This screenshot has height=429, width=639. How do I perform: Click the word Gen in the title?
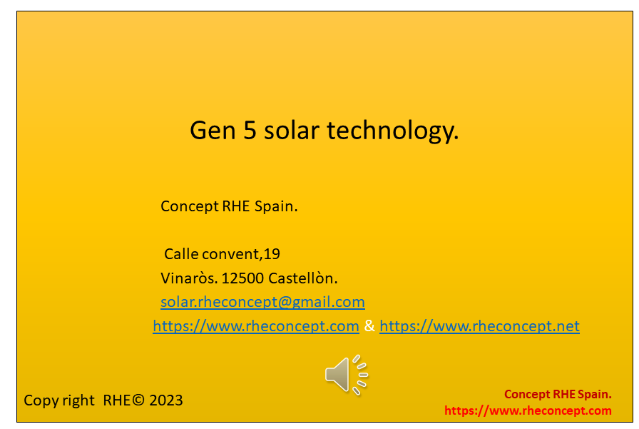click(213, 131)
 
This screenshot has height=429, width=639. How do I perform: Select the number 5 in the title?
click(250, 131)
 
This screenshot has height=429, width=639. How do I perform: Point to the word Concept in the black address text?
click(190, 207)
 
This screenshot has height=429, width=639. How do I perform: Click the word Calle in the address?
click(181, 254)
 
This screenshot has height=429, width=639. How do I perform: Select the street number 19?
click(272, 254)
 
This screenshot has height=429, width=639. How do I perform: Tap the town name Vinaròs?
click(189, 278)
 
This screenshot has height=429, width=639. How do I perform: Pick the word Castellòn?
click(303, 278)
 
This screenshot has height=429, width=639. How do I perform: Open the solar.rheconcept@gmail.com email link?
click(263, 302)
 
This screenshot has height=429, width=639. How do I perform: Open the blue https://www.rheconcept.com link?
click(256, 326)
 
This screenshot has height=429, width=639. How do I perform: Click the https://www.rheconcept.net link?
click(480, 326)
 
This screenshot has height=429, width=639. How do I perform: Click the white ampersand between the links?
click(369, 325)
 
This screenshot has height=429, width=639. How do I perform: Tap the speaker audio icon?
click(347, 375)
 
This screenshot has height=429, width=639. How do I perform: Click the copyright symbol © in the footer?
click(138, 400)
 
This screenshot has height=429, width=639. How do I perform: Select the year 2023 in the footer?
click(166, 400)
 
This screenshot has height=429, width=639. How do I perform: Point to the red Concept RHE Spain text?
click(558, 394)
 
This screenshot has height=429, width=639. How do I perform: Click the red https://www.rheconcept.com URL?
click(528, 410)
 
